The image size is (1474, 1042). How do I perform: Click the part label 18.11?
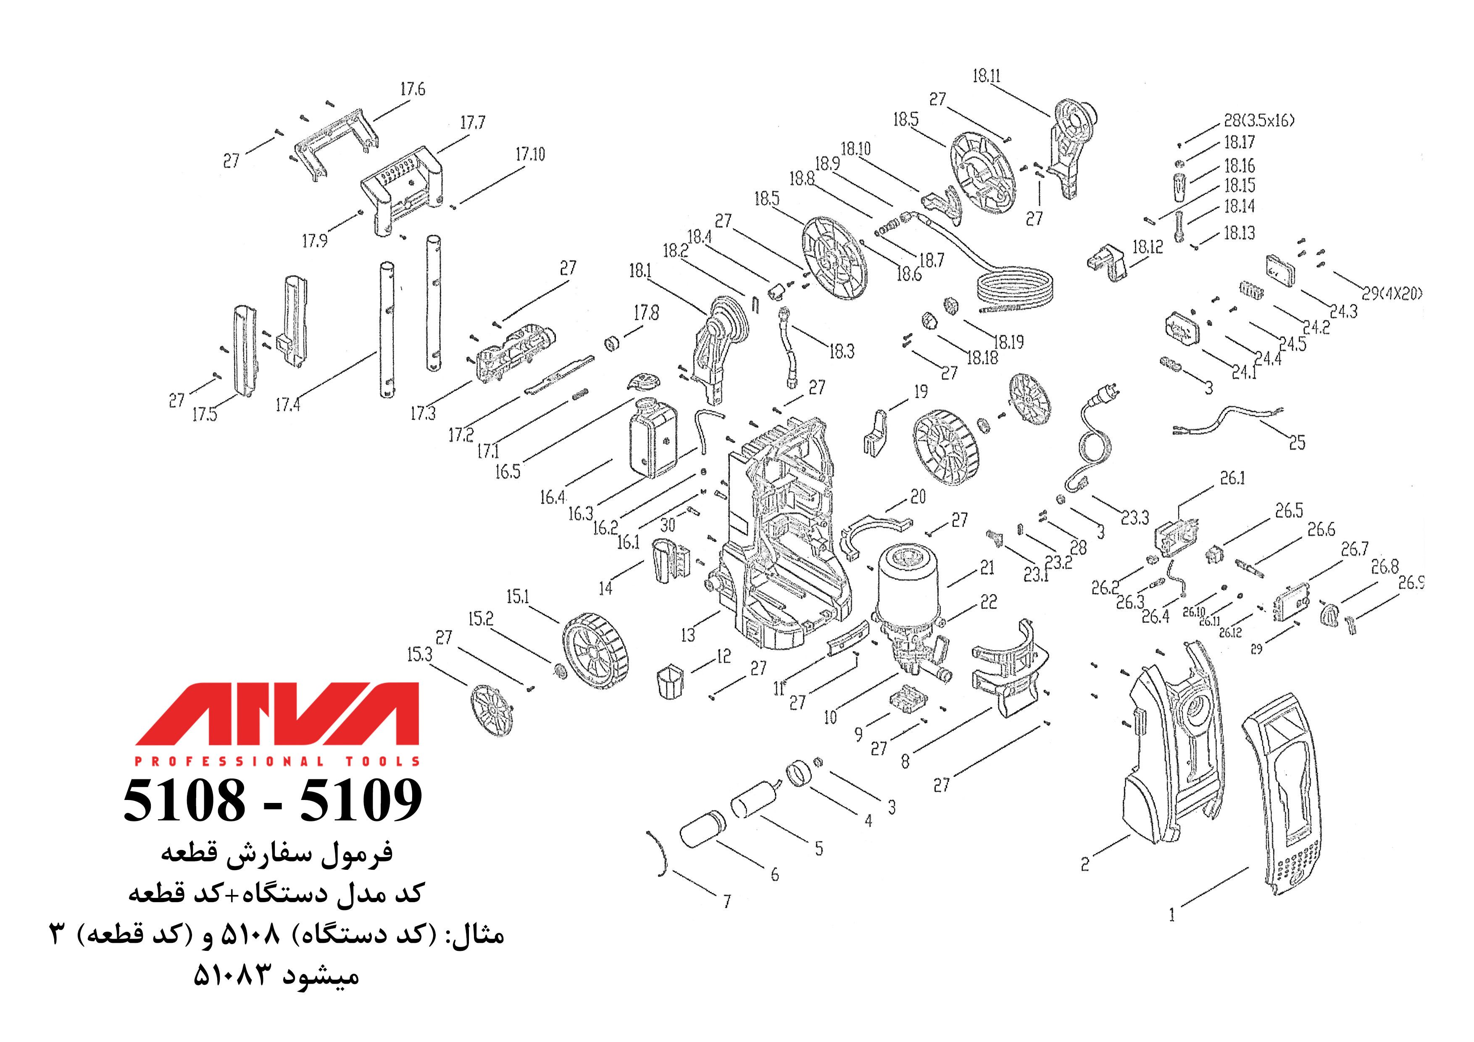(x=986, y=76)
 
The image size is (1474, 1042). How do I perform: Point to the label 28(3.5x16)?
(x=1258, y=121)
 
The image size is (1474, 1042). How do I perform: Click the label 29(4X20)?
(x=1392, y=294)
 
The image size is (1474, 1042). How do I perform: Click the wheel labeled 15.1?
(x=595, y=651)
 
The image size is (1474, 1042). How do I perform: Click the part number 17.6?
(x=412, y=89)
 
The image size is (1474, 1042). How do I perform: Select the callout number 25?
(x=1297, y=443)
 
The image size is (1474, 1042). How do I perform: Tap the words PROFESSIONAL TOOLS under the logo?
(x=277, y=761)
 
